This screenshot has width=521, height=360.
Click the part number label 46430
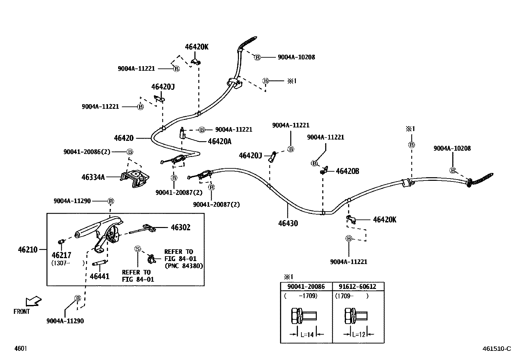click(x=288, y=223)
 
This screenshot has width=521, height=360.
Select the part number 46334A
click(x=93, y=178)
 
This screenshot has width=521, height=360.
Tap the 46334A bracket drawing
click(x=135, y=179)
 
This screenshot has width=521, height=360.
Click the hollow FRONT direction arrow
click(x=33, y=301)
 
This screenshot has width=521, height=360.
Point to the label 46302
click(x=180, y=227)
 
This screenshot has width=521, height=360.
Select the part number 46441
click(x=99, y=276)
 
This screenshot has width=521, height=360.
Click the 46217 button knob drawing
click(x=61, y=242)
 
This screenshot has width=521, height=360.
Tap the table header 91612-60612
click(x=357, y=287)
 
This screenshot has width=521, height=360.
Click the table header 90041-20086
click(x=306, y=287)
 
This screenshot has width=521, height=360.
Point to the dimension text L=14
click(x=307, y=335)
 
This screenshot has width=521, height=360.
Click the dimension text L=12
click(x=359, y=335)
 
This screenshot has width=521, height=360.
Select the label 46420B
click(x=347, y=171)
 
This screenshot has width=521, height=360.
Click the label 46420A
click(x=220, y=142)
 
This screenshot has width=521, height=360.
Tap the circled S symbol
click(x=138, y=249)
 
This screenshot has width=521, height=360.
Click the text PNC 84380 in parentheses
click(x=184, y=266)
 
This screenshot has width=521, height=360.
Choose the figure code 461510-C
click(x=496, y=349)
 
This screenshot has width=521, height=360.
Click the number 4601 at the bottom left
click(x=20, y=349)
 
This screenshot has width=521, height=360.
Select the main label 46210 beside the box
click(x=28, y=250)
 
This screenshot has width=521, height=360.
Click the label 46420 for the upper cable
click(x=124, y=138)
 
